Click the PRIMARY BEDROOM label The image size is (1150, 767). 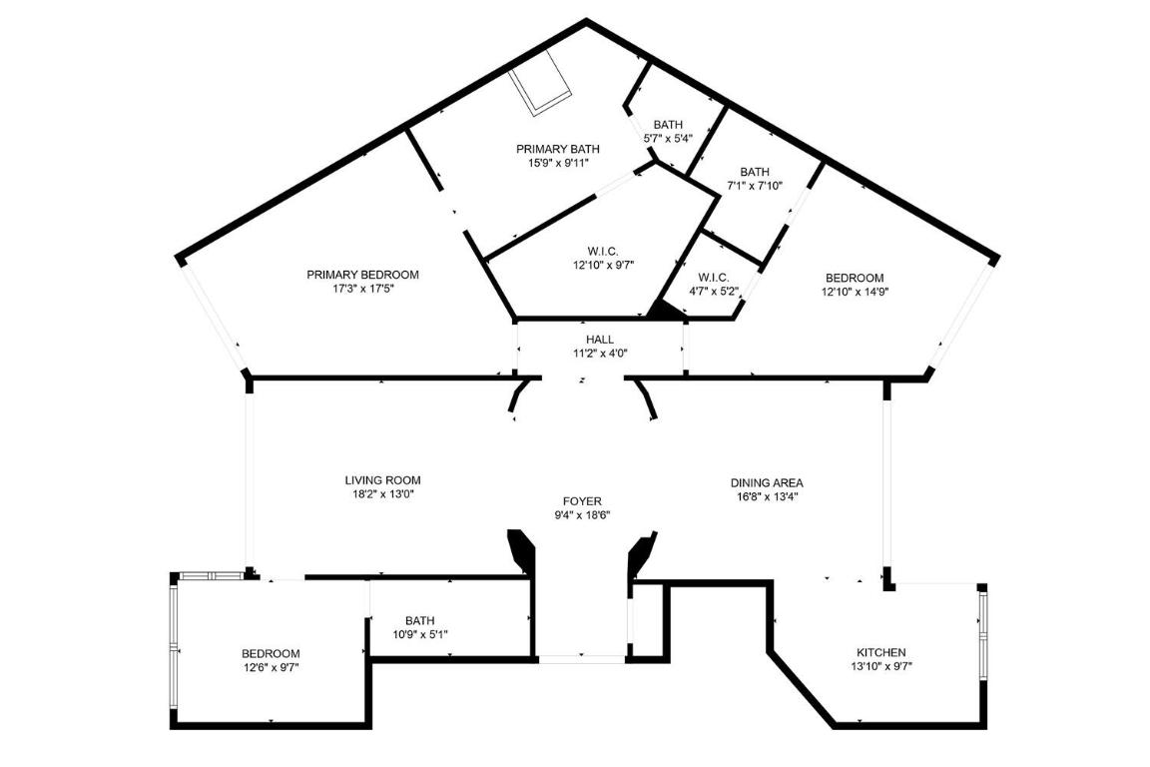point(362,275)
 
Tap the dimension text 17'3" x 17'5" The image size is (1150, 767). point(362,289)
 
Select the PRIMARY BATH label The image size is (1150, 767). point(558,149)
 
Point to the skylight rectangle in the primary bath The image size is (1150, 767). point(540,88)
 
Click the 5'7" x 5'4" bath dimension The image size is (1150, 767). point(668,139)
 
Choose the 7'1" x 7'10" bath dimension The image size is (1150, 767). point(755,185)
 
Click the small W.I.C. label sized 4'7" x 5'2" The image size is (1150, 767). point(713,277)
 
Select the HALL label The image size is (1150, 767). point(600,340)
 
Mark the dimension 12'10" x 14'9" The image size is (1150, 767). point(855,292)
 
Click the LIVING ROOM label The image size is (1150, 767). point(382,480)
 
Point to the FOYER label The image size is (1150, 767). point(582,501)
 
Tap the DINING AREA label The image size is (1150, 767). point(767,483)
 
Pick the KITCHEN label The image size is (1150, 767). point(881,652)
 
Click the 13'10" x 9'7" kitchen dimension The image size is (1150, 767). point(881,666)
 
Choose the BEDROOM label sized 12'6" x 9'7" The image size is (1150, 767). point(271,654)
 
